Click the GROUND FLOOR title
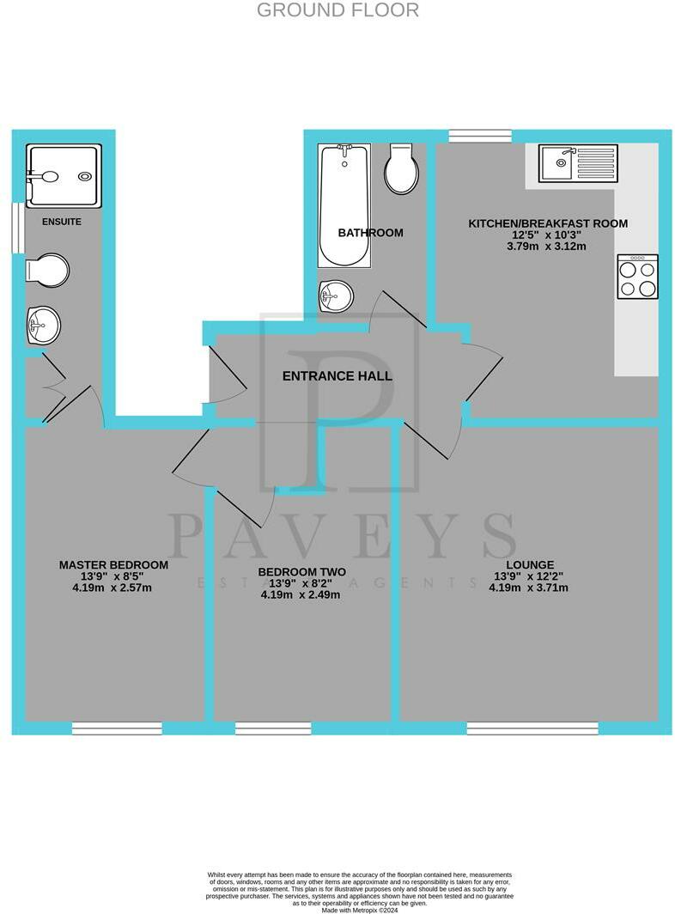click(337, 10)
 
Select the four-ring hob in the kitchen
click(637, 277)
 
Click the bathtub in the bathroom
click(344, 205)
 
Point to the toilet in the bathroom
click(402, 168)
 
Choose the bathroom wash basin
click(336, 297)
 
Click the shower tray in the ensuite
click(63, 176)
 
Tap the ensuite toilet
click(47, 269)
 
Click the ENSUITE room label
click(62, 222)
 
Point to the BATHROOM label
click(370, 233)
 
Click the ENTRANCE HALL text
click(337, 376)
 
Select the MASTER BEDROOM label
click(113, 565)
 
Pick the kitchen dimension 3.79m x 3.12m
click(546, 247)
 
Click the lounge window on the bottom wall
click(532, 728)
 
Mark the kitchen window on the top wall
click(480, 135)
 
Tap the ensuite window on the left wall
click(15, 228)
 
